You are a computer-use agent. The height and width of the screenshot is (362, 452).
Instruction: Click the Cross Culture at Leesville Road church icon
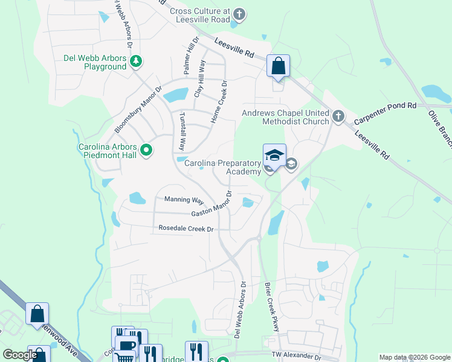tap(239, 14)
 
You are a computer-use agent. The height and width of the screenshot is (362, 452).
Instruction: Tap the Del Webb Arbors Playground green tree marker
tap(137, 61)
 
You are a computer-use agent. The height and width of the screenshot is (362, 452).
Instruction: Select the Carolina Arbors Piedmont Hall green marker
tap(146, 150)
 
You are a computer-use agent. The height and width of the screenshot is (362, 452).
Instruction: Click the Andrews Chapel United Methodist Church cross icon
tap(338, 116)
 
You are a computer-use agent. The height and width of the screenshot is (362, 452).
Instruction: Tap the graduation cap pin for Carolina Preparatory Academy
tap(274, 155)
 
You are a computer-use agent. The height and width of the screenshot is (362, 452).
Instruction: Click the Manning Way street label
tap(184, 200)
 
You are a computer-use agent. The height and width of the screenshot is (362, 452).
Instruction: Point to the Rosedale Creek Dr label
tap(186, 229)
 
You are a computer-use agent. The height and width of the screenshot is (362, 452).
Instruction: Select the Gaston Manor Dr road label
tap(211, 205)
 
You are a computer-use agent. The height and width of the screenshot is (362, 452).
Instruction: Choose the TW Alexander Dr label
tap(297, 357)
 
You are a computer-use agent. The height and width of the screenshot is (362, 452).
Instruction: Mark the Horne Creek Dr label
tap(218, 103)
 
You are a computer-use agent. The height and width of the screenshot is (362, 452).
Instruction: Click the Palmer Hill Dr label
tap(189, 57)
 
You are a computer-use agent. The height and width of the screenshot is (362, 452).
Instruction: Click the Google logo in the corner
tap(20, 355)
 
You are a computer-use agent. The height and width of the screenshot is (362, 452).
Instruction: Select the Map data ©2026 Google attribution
tap(414, 357)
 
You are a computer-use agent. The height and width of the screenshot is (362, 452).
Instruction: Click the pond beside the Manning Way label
tap(137, 197)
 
